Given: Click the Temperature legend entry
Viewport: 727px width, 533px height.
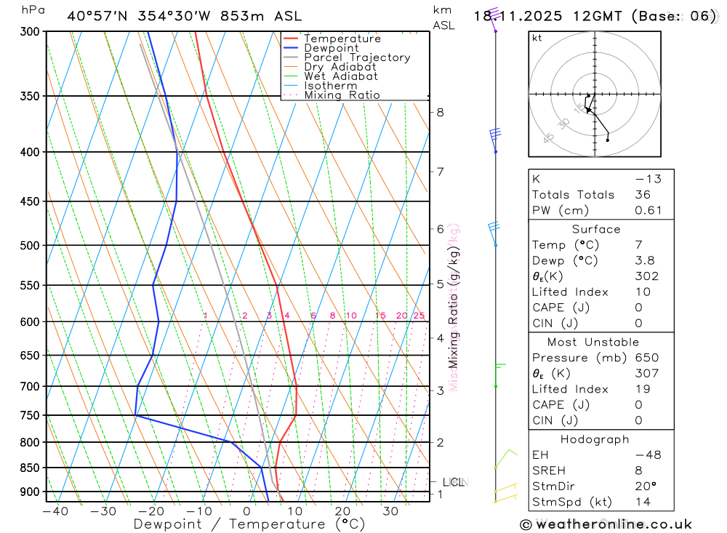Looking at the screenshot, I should [x=342, y=39].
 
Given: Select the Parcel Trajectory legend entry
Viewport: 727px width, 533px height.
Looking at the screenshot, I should [x=356, y=57].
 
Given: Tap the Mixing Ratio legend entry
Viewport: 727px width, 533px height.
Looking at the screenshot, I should [x=342, y=95].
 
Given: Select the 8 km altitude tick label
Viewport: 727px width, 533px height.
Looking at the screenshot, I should [x=440, y=112].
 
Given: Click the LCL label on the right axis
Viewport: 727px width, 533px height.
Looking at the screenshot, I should [x=453, y=482].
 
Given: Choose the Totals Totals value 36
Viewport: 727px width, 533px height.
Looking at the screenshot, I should [x=643, y=194].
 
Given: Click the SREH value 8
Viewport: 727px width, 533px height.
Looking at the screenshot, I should [x=638, y=470].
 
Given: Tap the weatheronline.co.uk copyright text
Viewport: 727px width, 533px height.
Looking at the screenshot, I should [x=606, y=524].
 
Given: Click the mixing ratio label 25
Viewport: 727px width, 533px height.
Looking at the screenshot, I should [x=419, y=316].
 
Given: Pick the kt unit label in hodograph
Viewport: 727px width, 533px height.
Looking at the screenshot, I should [x=537, y=38].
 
